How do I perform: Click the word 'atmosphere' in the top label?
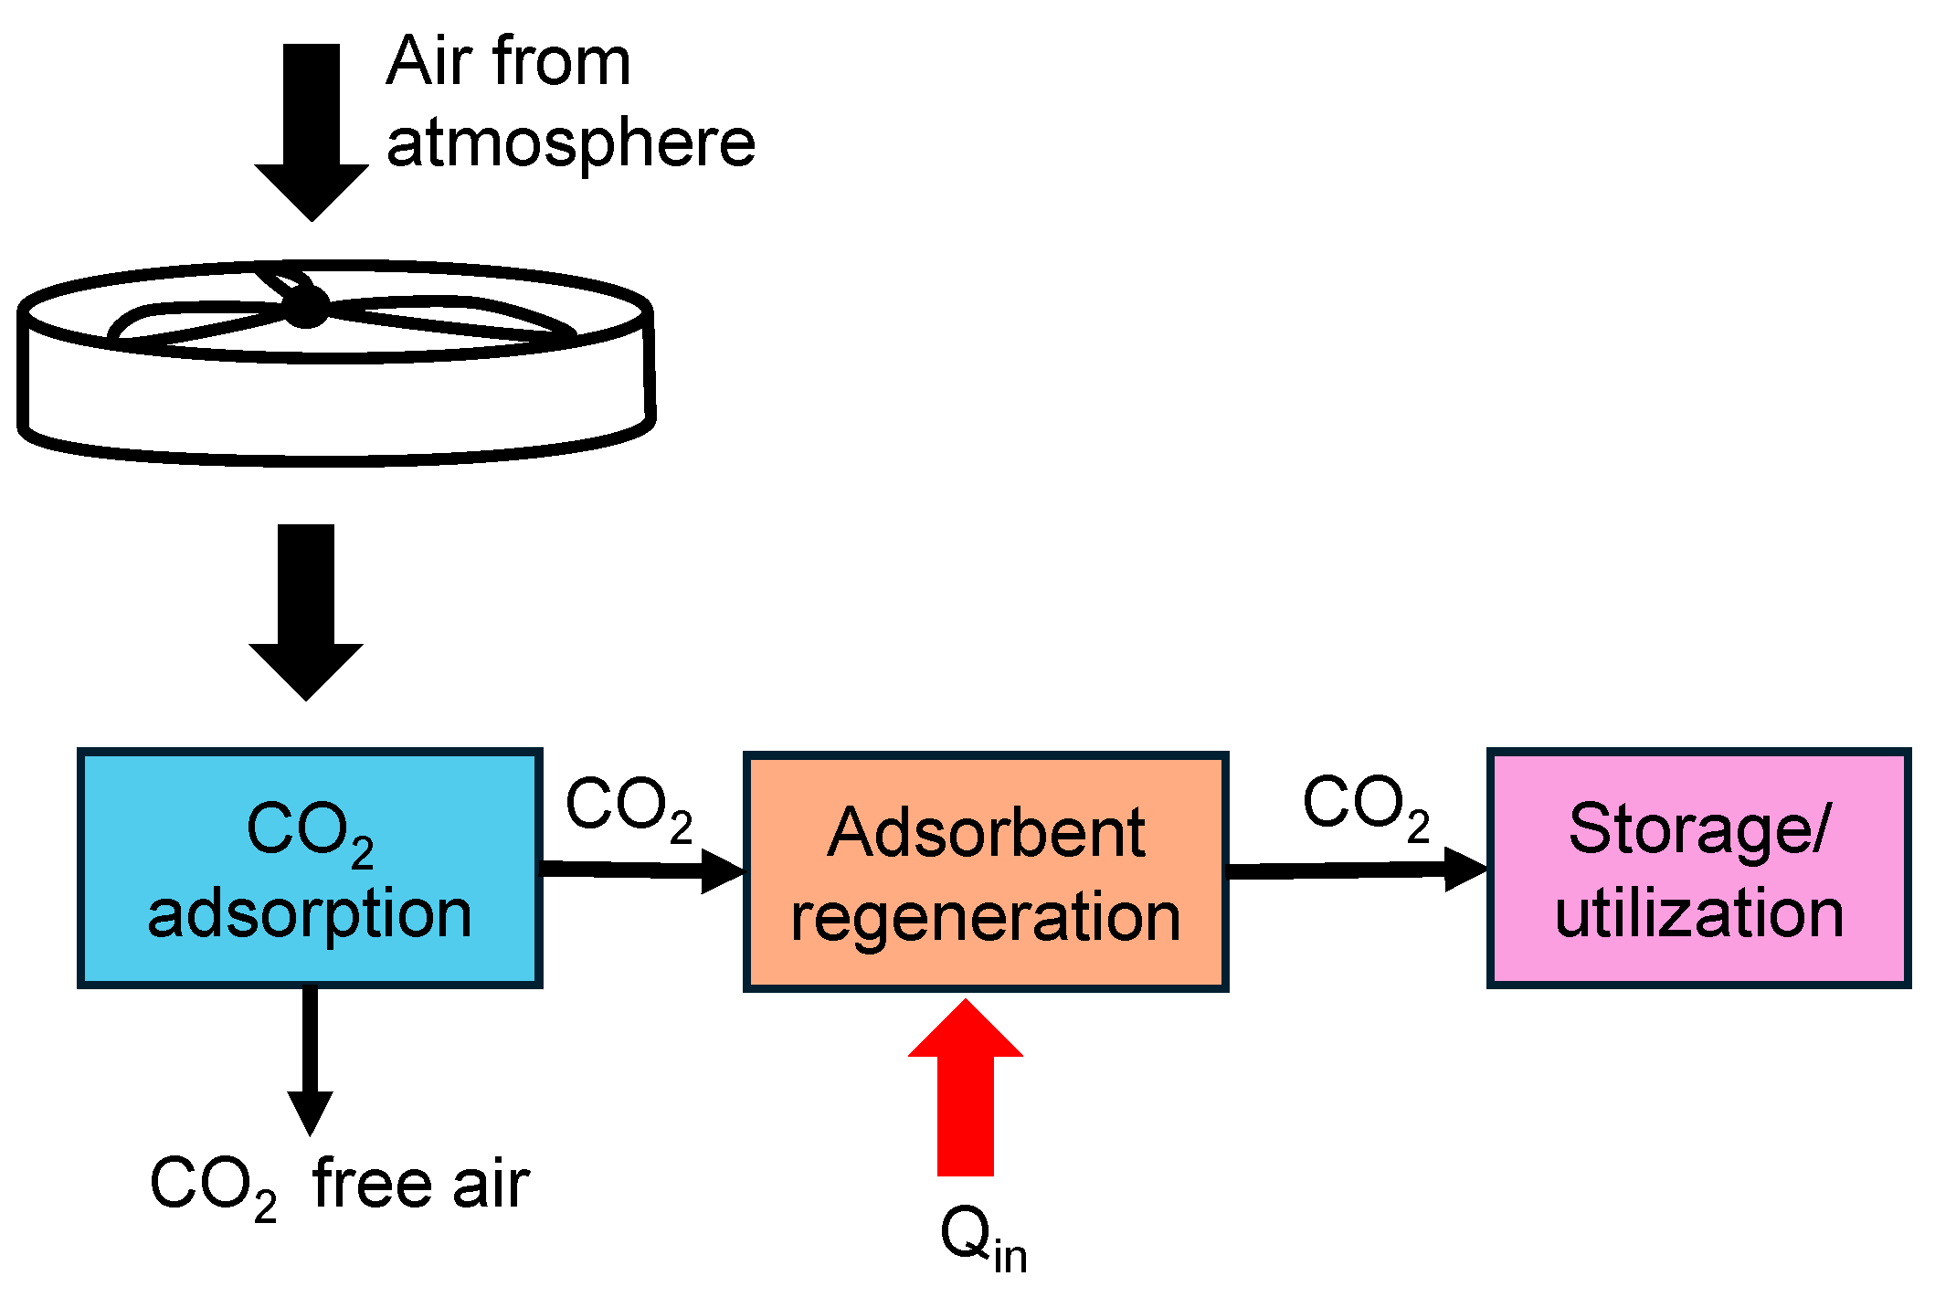571,144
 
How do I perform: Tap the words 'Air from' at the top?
508,62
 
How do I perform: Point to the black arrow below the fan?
306,612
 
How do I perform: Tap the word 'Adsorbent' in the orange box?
985,833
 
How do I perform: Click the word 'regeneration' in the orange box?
985,917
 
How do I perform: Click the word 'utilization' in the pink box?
1698,913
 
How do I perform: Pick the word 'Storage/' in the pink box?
1698,829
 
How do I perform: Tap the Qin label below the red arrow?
983,1238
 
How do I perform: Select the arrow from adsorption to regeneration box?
640,870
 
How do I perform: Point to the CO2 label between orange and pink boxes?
1365,806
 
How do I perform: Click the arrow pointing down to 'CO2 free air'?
310,1060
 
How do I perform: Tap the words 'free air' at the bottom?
420,1185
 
